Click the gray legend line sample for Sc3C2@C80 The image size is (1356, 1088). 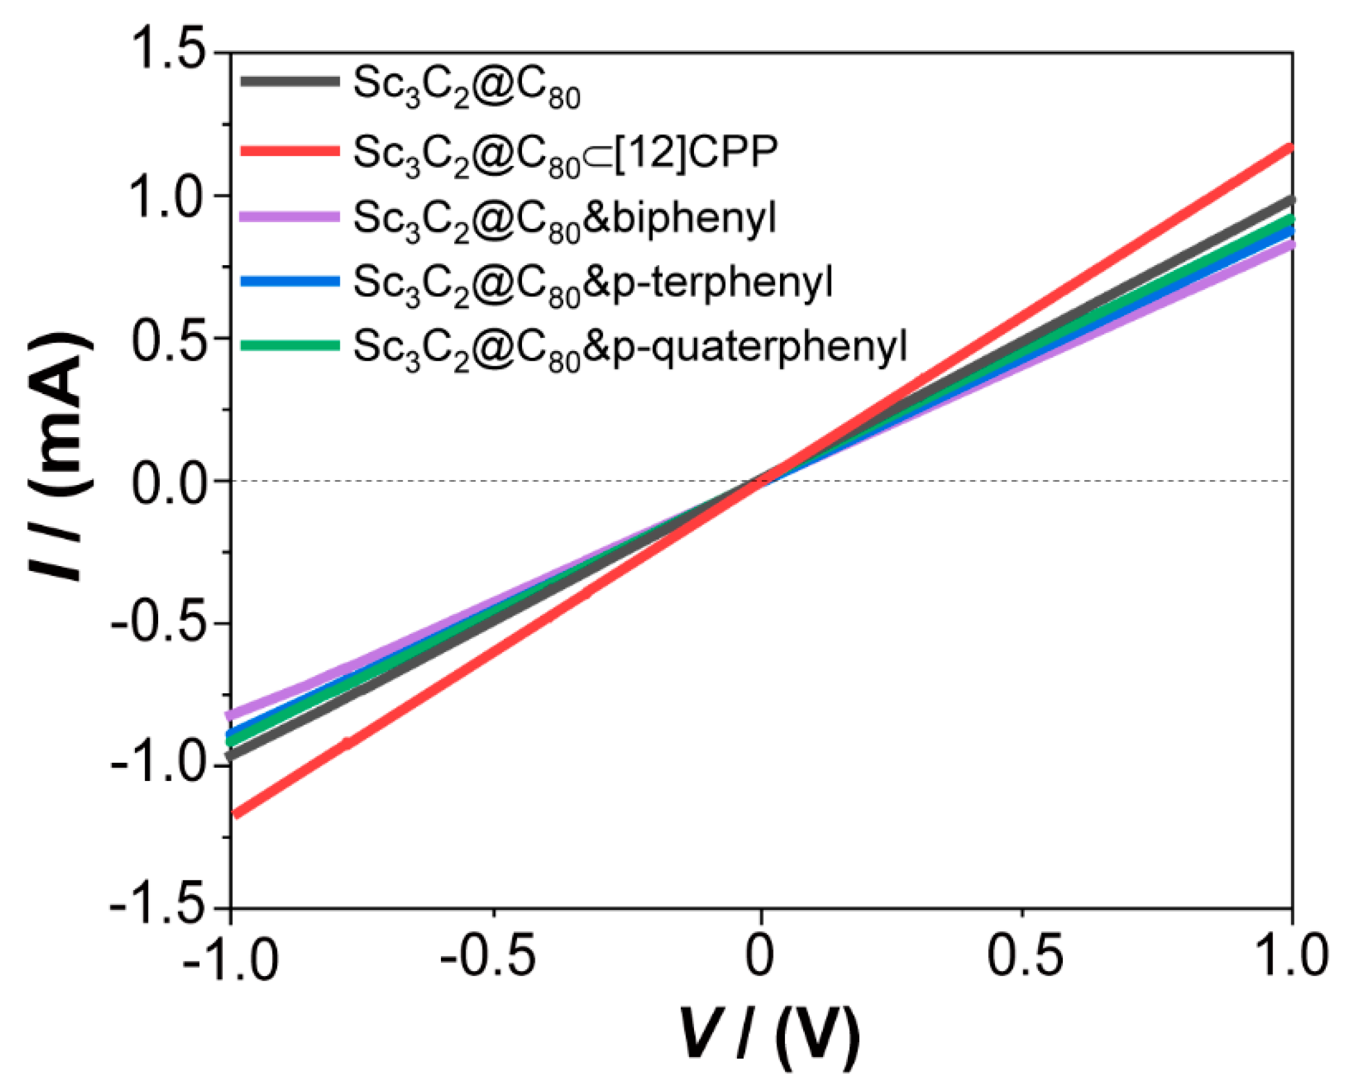point(290,81)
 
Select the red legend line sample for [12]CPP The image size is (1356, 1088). point(290,150)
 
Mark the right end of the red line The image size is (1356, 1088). point(1290,148)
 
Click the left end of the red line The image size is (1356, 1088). point(234,815)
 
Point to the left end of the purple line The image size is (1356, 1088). point(230,715)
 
